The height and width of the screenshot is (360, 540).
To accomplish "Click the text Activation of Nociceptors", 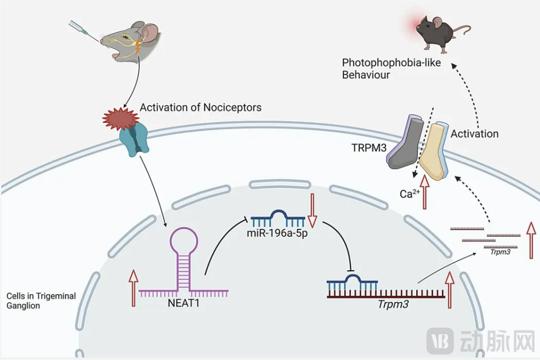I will (x=200, y=107).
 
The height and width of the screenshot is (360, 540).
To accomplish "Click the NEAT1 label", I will (x=183, y=302).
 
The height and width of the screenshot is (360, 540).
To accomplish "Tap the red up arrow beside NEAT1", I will (x=133, y=288).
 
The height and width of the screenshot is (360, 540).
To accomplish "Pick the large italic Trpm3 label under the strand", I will (x=393, y=303).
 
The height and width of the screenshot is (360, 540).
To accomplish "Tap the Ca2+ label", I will (x=408, y=193).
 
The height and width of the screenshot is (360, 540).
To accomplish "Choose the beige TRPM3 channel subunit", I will (x=435, y=151).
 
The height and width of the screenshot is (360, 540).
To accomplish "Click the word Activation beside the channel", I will (x=474, y=134).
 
